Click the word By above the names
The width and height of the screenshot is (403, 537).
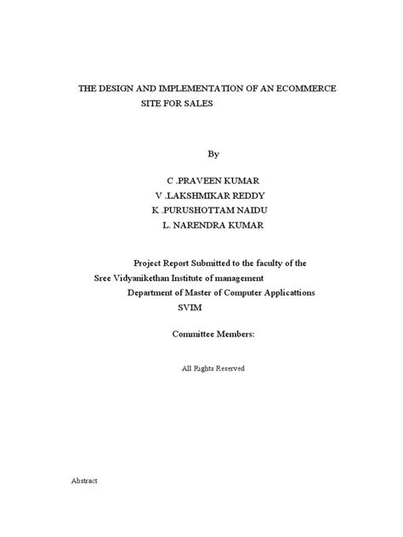[213, 154]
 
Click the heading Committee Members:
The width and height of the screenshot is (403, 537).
[213, 335]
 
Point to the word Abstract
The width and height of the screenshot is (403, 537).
[84, 481]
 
